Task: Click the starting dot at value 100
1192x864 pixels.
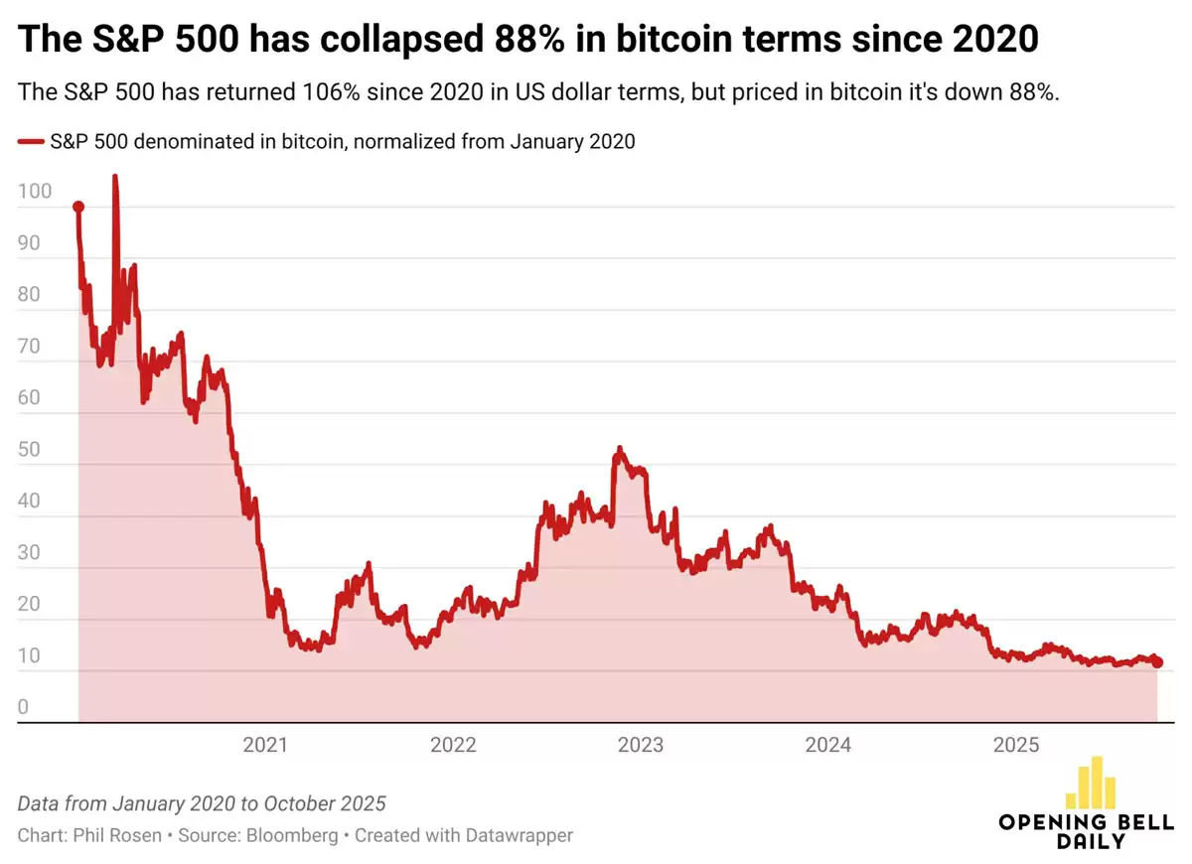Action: (78, 207)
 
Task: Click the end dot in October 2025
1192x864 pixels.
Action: (1157, 662)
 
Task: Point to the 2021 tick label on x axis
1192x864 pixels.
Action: (265, 746)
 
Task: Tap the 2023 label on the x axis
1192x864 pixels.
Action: (641, 746)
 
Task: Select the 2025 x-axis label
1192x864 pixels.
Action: (1016, 746)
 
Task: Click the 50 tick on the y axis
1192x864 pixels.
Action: (30, 450)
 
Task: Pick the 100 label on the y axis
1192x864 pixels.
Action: (33, 192)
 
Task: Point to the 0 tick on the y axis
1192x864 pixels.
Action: (24, 708)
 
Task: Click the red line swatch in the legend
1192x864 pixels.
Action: (31, 142)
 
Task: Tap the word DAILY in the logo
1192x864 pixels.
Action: (1090, 840)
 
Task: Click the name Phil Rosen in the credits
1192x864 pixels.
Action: (117, 835)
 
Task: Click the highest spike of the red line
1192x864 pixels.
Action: (114, 178)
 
